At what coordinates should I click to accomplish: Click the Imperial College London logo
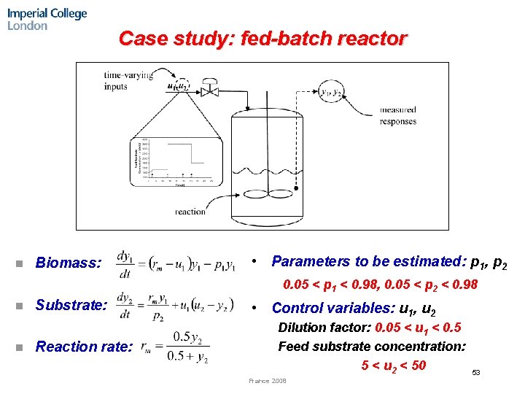[x=47, y=19]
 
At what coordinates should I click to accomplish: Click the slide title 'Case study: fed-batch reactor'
[x=262, y=38]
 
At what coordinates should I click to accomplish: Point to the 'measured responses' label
[x=398, y=115]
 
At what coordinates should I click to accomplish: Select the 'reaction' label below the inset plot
[x=190, y=212]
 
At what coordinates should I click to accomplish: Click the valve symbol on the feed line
[x=209, y=90]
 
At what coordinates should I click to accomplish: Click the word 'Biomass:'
[x=69, y=263]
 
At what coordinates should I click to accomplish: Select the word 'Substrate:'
[x=71, y=304]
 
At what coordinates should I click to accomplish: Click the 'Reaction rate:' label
[x=84, y=347]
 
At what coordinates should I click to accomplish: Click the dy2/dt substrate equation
[x=175, y=305]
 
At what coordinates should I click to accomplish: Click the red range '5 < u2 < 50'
[x=394, y=364]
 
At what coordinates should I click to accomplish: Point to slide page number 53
[x=475, y=373]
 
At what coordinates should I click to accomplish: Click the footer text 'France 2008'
[x=268, y=381]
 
